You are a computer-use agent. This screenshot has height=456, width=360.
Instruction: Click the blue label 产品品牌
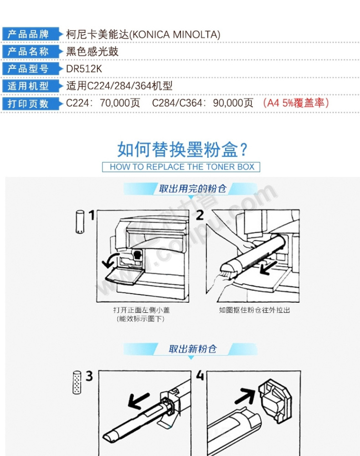coord(28,34)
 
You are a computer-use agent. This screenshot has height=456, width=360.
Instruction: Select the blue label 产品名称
coord(28,52)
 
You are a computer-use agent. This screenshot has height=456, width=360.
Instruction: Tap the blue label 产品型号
coord(28,69)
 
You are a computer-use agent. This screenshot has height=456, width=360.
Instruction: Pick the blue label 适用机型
coord(28,86)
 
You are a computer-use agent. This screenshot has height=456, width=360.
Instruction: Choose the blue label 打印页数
coord(28,104)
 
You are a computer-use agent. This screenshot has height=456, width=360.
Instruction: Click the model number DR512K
coord(84,69)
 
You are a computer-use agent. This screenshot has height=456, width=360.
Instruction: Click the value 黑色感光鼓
coord(92,52)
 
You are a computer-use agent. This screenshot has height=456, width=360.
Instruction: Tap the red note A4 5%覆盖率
coord(296,103)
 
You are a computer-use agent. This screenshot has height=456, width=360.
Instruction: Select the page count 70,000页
coord(120,103)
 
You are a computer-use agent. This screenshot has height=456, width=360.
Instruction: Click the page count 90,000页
coord(233,103)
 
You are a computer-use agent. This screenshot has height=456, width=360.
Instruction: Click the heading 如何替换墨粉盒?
coord(182,150)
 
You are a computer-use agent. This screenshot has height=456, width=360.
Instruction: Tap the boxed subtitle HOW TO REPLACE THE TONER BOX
coord(182,167)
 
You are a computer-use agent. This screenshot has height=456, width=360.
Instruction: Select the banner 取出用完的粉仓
coord(192,189)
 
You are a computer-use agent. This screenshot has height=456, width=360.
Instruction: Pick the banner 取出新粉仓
coord(192,349)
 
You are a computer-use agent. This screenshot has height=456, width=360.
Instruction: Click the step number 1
coord(92,216)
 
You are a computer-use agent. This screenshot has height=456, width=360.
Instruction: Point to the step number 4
coord(200,375)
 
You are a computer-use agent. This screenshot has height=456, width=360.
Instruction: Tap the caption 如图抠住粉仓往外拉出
coord(255,310)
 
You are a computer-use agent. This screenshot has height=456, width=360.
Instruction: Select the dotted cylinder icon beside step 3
coord(77,383)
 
